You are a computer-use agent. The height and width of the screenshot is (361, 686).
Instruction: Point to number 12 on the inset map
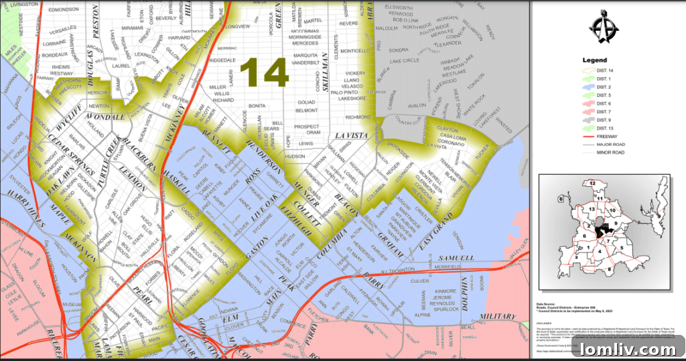coord(592,183)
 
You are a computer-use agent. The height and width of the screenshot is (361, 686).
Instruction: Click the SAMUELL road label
coord(455,258)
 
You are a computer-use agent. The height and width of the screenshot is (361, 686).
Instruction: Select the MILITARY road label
coord(497,316)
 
